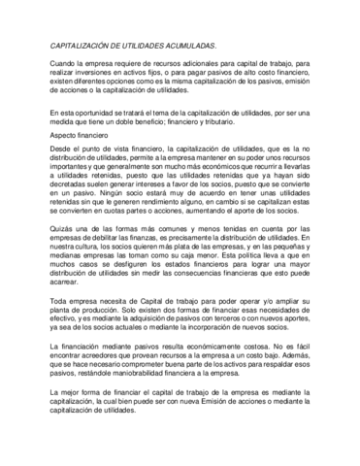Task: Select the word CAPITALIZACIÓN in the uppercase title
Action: [83, 45]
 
